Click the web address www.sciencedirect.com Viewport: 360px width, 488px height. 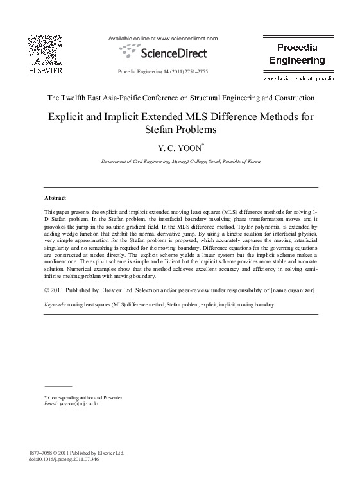(187, 39)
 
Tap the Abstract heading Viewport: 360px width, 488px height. (55, 198)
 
